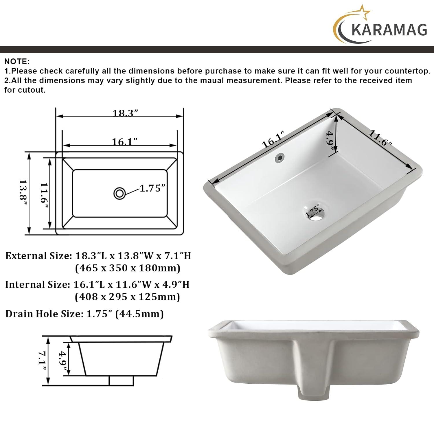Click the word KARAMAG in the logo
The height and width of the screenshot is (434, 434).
pyautogui.click(x=389, y=30)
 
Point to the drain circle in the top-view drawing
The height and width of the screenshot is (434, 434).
pyautogui.click(x=119, y=193)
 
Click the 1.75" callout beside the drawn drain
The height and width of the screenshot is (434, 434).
pyautogui.click(x=152, y=188)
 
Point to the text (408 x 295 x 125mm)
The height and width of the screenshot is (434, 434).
pyautogui.click(x=127, y=297)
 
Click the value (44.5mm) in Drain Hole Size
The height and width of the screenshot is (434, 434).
pyautogui.click(x=139, y=314)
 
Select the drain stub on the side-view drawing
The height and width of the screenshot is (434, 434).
pyautogui.click(x=121, y=380)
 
